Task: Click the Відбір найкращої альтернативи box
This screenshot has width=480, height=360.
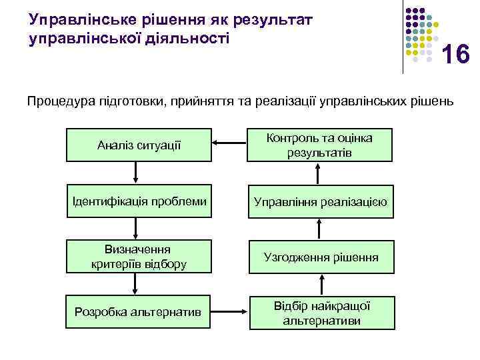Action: [321, 312]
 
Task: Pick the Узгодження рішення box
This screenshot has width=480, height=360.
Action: [321, 257]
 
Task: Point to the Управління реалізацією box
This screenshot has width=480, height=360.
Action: [321, 201]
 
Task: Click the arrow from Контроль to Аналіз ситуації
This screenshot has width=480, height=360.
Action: [230, 143]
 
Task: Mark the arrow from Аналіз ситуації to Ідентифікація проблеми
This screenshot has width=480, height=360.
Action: [136, 173]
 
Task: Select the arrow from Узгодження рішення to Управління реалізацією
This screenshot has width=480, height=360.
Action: [318, 229]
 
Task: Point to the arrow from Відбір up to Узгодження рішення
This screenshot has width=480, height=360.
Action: [318, 285]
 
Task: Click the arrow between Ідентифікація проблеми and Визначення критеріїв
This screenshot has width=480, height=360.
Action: [136, 229]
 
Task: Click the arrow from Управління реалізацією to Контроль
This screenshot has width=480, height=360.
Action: [318, 173]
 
